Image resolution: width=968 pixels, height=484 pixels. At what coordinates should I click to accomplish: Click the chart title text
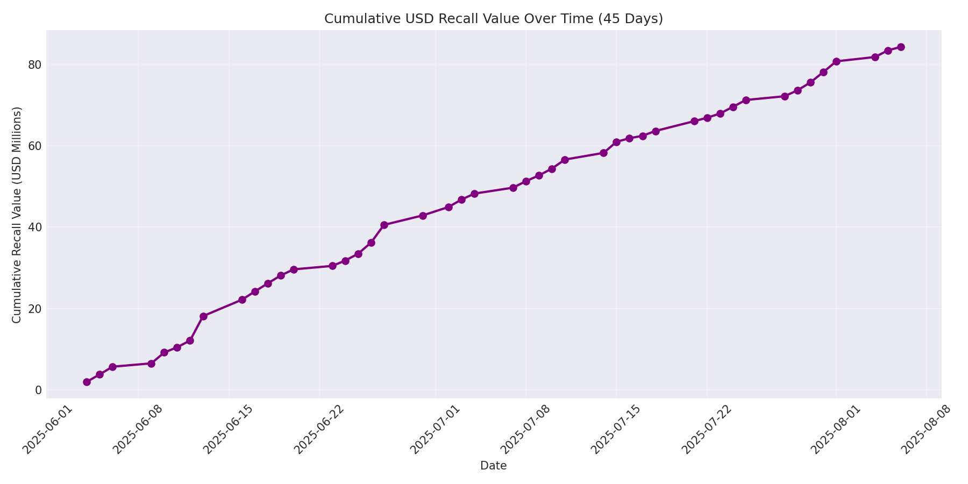pos(493,19)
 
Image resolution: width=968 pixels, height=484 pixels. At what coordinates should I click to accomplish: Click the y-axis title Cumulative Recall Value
pos(17,215)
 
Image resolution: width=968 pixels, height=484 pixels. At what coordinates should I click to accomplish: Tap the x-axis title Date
pos(493,466)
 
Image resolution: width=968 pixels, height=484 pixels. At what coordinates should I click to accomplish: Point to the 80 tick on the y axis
pos(35,65)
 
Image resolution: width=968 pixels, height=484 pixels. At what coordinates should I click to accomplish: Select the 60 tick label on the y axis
pos(35,146)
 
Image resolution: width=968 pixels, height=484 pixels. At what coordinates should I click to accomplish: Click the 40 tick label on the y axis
pos(35,227)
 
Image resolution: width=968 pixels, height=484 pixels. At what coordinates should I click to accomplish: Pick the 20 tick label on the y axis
pos(35,309)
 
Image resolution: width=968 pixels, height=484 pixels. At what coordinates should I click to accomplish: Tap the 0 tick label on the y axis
pos(38,390)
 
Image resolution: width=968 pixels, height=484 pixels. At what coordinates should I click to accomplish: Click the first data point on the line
pos(87,382)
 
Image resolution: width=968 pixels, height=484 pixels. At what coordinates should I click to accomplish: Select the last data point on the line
pos(901,47)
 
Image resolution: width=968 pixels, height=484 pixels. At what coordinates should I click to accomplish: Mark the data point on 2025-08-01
pos(836,61)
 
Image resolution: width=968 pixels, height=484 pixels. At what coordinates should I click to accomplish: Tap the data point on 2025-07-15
pos(616,142)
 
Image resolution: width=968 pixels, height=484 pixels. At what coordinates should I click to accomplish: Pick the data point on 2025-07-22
pos(707,118)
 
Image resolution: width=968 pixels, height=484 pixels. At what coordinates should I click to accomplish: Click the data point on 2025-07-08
pos(526,181)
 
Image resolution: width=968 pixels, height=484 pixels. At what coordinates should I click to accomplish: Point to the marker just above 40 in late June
pos(384,225)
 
